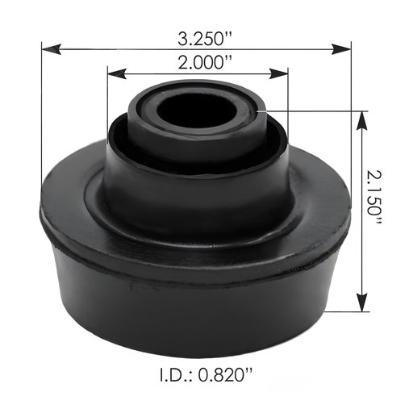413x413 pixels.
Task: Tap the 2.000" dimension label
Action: point(198,62)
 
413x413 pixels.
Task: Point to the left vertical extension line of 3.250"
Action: point(41,121)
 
